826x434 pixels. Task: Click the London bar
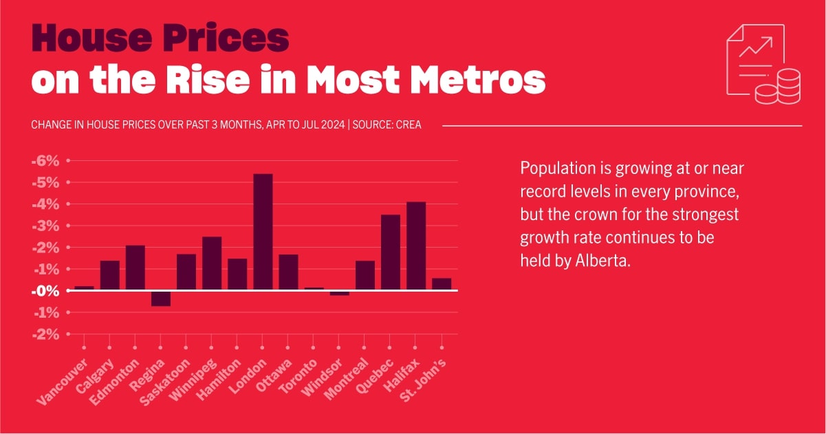pyautogui.click(x=263, y=232)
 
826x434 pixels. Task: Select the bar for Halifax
pyautogui.click(x=416, y=246)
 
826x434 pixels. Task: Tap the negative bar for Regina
pyautogui.click(x=161, y=299)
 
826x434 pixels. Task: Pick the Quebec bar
pyautogui.click(x=391, y=252)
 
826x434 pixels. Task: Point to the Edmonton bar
pyautogui.click(x=135, y=268)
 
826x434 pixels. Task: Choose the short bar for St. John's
pyautogui.click(x=442, y=284)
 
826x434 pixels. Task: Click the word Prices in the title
pyautogui.click(x=223, y=39)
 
